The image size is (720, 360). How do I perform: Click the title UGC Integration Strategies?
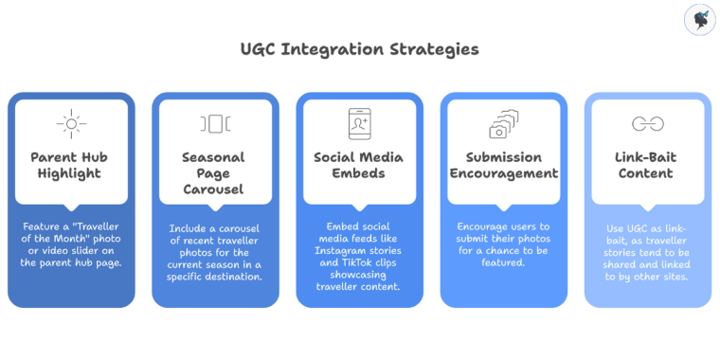tap(359, 48)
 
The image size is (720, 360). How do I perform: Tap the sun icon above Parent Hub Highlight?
tap(71, 123)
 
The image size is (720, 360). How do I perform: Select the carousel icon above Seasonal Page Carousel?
tap(215, 123)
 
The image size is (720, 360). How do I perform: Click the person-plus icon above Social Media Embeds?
tap(359, 123)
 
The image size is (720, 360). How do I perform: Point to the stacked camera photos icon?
tap(503, 123)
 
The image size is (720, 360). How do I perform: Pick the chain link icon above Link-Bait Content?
tap(647, 123)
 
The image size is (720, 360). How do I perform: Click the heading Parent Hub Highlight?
tap(71, 165)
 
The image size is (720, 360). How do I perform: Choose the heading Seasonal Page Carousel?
tap(215, 173)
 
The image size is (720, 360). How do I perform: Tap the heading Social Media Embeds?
tap(359, 165)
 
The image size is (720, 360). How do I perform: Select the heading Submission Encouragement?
tap(503, 165)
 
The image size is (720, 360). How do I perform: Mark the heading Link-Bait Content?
tap(647, 165)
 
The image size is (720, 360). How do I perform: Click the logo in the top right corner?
tap(699, 20)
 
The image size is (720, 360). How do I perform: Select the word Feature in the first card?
tap(41, 227)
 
